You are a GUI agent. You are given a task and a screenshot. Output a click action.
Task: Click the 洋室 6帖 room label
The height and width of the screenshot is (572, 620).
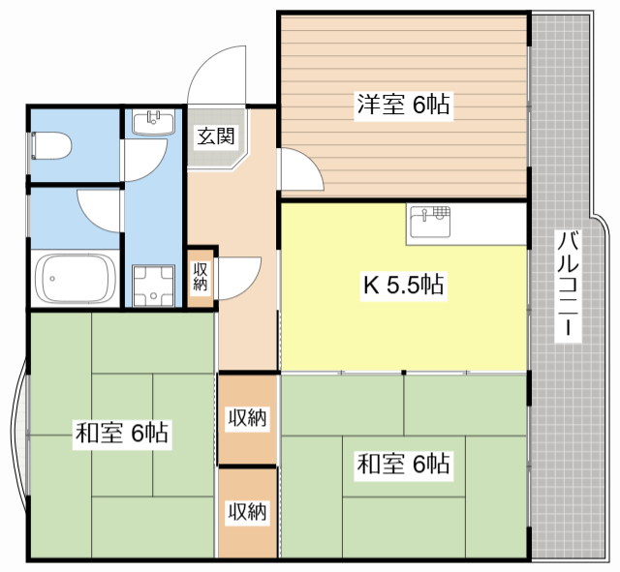(403, 105)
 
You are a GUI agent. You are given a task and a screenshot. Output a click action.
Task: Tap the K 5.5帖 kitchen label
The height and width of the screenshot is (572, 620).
(403, 285)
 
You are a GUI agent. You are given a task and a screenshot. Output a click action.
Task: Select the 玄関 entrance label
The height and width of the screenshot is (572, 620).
(216, 135)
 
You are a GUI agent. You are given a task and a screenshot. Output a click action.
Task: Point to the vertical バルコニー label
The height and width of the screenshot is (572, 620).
(568, 284)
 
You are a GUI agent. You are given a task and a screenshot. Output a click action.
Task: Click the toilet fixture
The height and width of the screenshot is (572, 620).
(50, 146)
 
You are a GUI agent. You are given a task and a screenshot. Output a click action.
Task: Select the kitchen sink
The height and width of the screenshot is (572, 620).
(430, 222)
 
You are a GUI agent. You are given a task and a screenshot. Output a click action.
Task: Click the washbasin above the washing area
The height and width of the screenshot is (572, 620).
(153, 123)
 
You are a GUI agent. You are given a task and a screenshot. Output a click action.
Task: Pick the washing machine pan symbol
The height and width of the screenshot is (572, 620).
(153, 286)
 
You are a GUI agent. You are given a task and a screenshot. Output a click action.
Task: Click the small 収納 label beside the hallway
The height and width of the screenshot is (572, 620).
(201, 277)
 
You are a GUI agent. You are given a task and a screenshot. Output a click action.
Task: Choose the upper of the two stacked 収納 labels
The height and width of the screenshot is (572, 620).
(248, 417)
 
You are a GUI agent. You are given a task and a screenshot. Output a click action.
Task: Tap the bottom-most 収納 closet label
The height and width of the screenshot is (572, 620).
(248, 512)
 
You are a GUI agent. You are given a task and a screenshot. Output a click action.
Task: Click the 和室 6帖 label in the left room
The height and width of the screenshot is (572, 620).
(122, 433)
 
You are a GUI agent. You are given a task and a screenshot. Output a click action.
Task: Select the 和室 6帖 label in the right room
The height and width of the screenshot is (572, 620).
(403, 464)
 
